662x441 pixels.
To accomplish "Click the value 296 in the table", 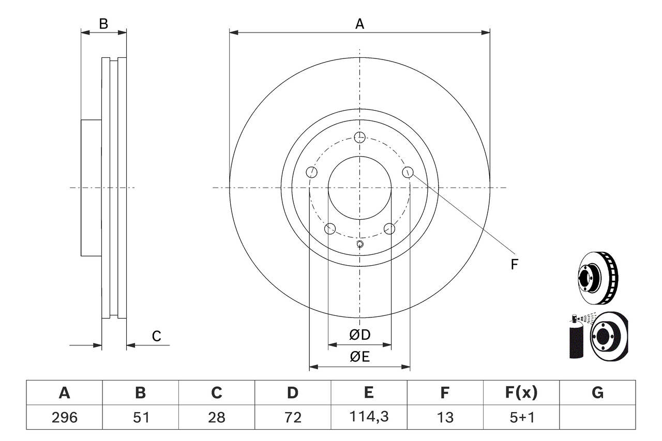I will click(64, 417).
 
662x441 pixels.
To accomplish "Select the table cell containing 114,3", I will click(369, 417).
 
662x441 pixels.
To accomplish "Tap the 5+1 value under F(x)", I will click(521, 417).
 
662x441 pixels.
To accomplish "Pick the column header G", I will click(597, 393).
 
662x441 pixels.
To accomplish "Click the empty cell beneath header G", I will click(597, 417).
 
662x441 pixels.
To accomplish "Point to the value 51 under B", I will click(140, 417).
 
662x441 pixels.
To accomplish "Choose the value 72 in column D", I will click(293, 417).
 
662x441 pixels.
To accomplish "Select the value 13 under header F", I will click(445, 417).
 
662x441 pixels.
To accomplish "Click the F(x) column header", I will click(521, 393).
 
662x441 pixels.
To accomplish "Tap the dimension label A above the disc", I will click(359, 23).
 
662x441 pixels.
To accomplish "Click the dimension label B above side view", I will click(103, 23).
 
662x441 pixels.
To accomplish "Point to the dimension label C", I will click(156, 336).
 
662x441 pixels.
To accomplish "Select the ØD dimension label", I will click(360, 335).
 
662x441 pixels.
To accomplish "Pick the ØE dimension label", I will click(360, 357).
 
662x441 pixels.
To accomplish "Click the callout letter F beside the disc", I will click(514, 265).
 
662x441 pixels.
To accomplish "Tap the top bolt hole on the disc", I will click(359, 137).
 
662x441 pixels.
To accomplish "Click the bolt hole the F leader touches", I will click(408, 172).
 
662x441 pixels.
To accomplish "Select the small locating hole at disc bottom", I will click(360, 245).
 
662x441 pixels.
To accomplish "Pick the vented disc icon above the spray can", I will click(598, 278).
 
